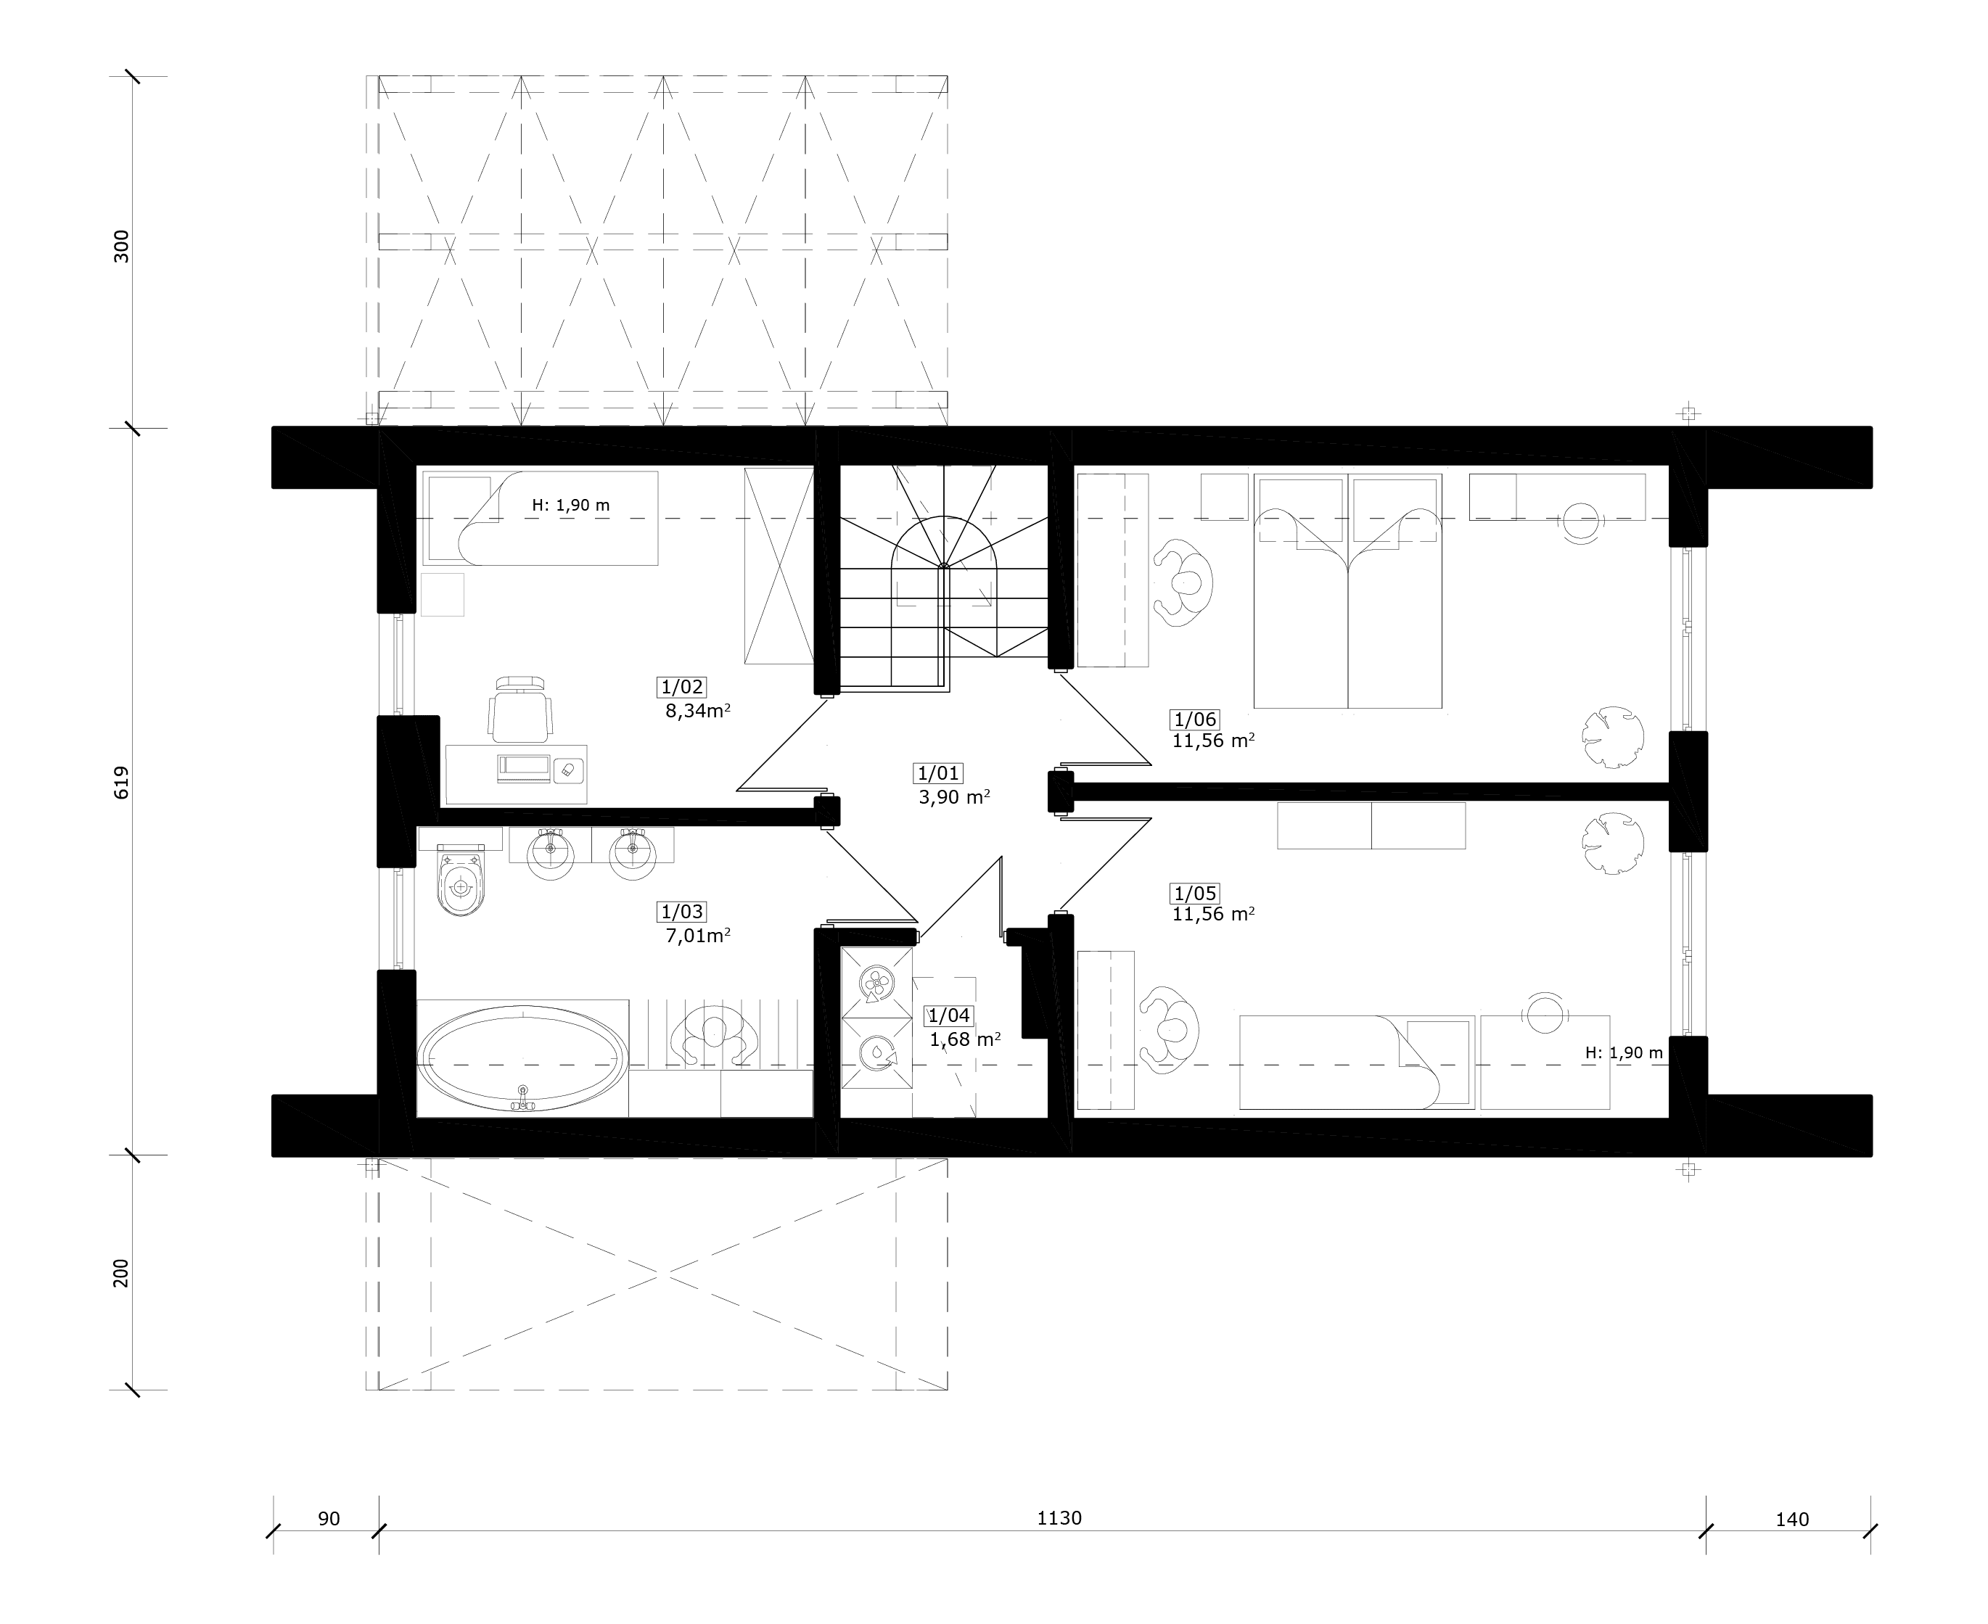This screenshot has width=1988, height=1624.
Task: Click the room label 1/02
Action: point(682,688)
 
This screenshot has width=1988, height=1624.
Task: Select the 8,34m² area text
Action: point(698,711)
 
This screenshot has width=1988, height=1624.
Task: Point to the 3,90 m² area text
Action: point(954,797)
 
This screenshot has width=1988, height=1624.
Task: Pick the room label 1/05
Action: point(1195,894)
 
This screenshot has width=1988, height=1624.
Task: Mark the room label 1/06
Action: point(1195,720)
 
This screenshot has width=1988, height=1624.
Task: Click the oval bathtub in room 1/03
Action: point(522,1060)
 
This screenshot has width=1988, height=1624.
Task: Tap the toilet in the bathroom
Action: point(461,878)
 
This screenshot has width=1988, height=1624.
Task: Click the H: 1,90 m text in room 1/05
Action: point(1624,1053)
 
